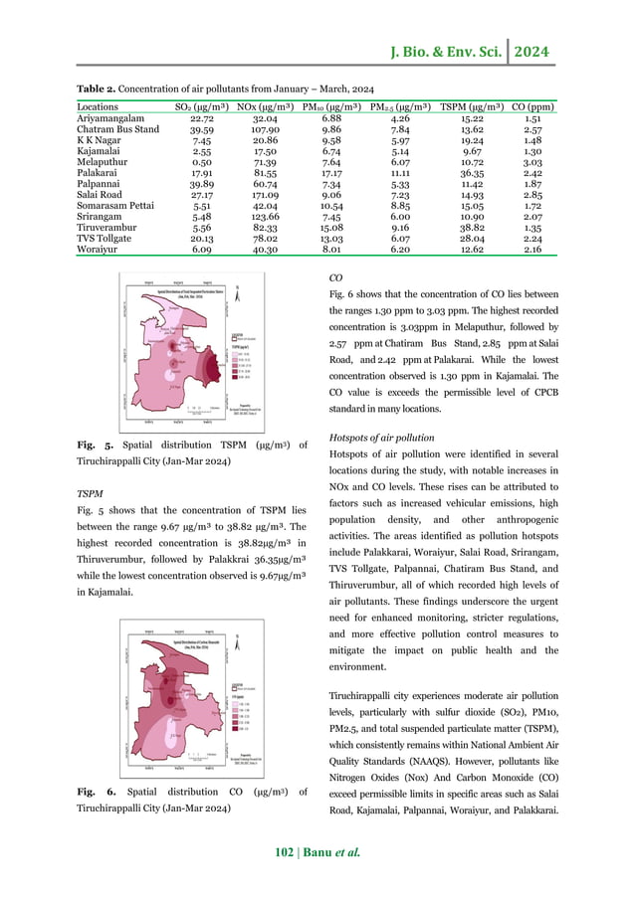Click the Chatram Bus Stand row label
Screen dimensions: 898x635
coord(116,129)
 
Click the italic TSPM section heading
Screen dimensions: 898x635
coord(92,493)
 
